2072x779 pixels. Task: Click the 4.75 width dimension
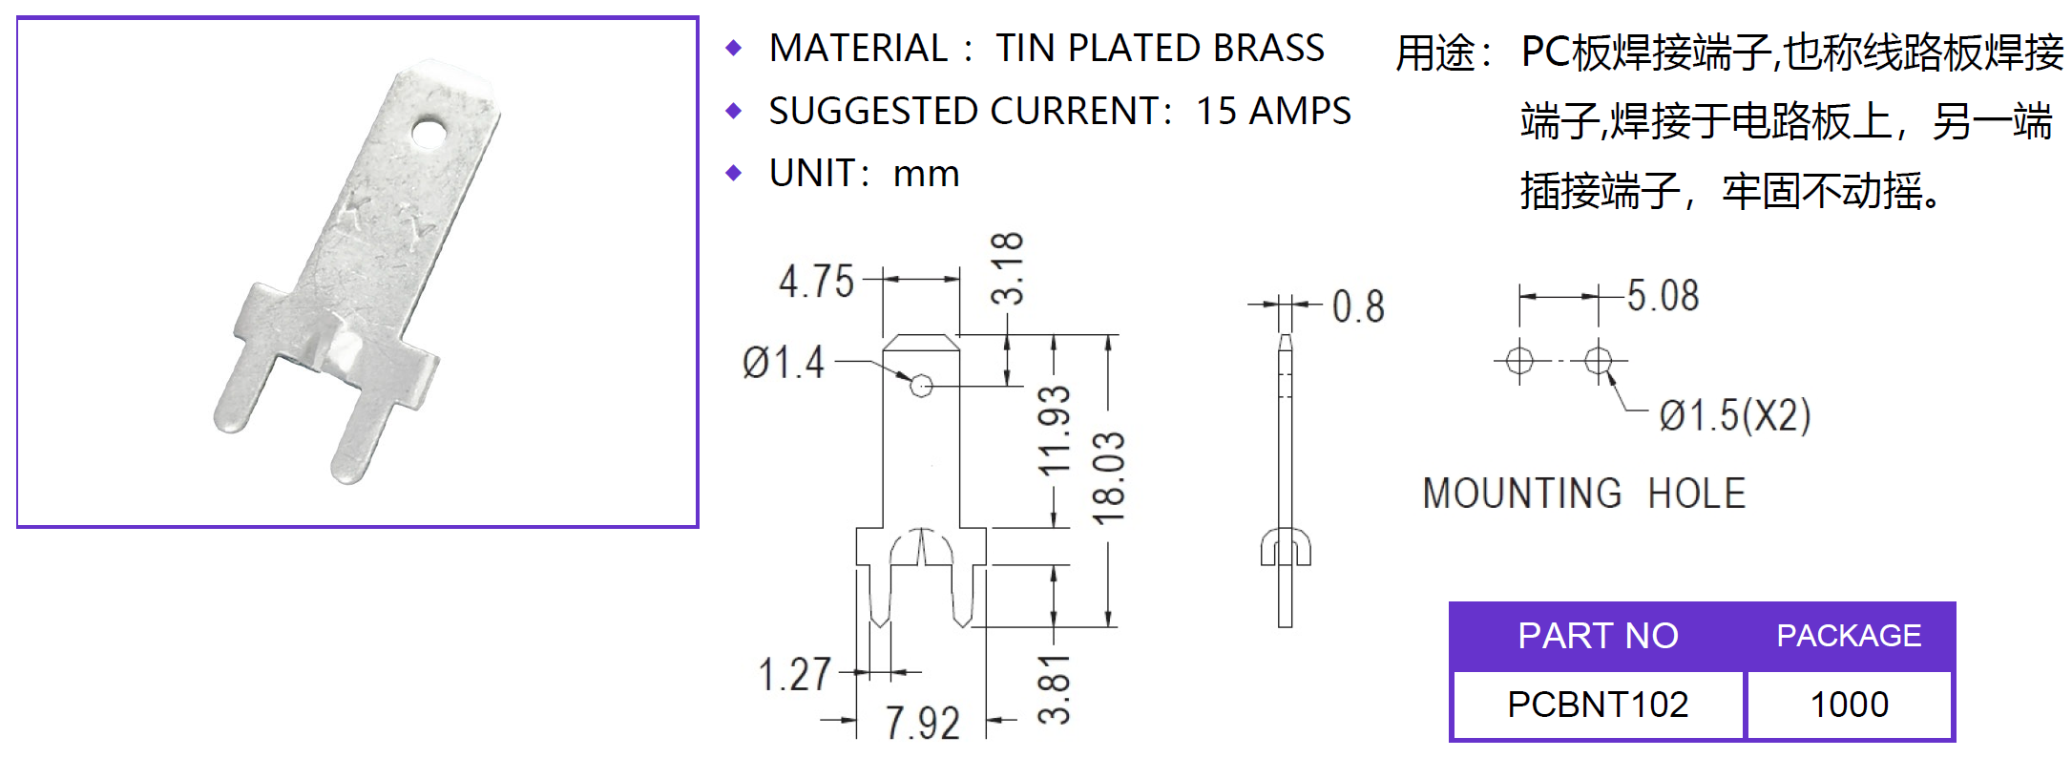(816, 283)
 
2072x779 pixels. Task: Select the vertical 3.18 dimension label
(1008, 268)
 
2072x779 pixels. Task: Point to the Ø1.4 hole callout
(783, 364)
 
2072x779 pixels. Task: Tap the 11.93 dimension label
(1056, 432)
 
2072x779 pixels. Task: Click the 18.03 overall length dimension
(1110, 478)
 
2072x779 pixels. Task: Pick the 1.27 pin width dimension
(795, 675)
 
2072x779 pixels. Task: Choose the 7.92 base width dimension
(922, 723)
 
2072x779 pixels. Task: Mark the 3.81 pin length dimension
(1056, 689)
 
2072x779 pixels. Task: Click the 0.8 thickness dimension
(1358, 306)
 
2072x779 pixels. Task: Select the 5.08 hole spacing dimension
(1663, 296)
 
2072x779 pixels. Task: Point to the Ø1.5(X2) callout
(1735, 416)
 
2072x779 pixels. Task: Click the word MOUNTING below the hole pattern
(1522, 494)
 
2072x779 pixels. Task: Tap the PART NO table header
(1598, 636)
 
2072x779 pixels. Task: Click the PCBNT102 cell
(1598, 705)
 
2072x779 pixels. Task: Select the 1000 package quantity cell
(1850, 705)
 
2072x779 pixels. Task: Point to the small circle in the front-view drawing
(921, 386)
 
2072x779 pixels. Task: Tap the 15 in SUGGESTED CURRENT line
(1216, 112)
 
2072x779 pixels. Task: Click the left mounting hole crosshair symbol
(1519, 361)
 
